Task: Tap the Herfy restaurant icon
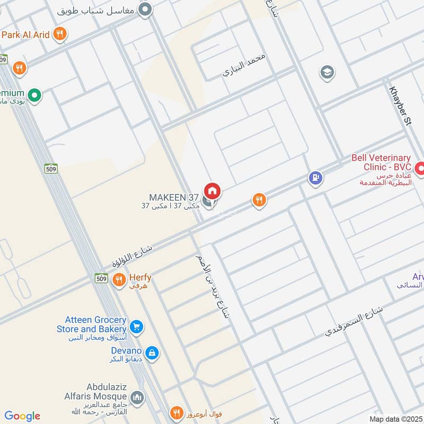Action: pyautogui.click(x=119, y=279)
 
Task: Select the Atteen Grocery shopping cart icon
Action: pyautogui.click(x=136, y=325)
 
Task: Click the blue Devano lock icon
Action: pyautogui.click(x=152, y=352)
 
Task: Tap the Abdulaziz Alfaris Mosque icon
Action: pyautogui.click(x=137, y=397)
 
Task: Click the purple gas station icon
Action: pyautogui.click(x=315, y=178)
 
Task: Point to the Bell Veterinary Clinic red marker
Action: pyautogui.click(x=419, y=169)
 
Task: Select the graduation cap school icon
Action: pyautogui.click(x=327, y=72)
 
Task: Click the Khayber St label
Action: pyautogui.click(x=401, y=106)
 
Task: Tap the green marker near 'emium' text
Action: pyautogui.click(x=34, y=95)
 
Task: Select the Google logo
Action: pyautogui.click(x=22, y=416)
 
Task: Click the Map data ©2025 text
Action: pyautogui.click(x=394, y=419)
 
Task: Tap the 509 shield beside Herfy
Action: pyautogui.click(x=102, y=278)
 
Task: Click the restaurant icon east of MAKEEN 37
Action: pyautogui.click(x=259, y=200)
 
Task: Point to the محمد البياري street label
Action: pyautogui.click(x=245, y=66)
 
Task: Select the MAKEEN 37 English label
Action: pyautogui.click(x=173, y=197)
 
